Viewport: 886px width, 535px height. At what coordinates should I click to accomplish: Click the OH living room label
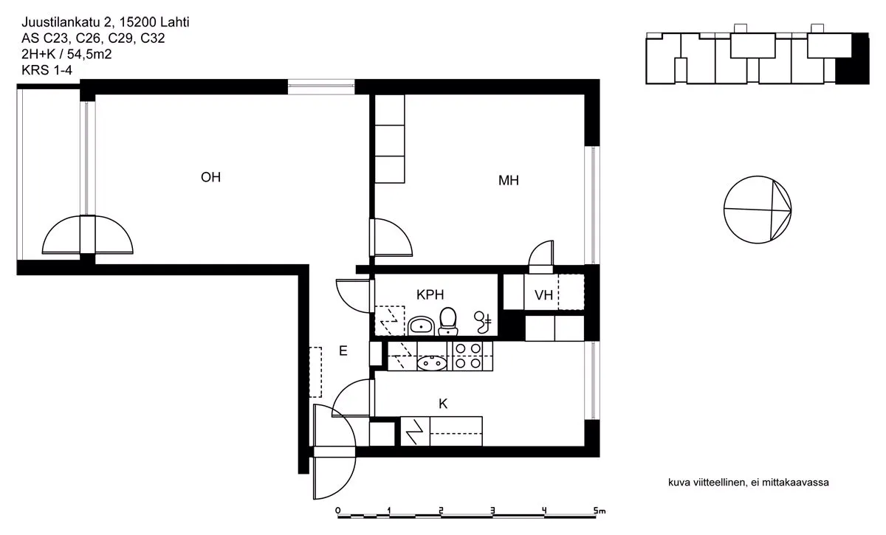[x=210, y=177]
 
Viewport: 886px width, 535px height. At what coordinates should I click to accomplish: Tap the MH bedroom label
[x=508, y=180]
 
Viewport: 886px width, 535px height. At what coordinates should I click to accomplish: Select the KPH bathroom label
[x=430, y=294]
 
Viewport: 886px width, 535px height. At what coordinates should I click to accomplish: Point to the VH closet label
[x=543, y=295]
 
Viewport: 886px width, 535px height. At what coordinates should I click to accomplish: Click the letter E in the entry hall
[x=343, y=351]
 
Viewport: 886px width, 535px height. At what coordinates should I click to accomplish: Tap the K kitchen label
[x=443, y=404]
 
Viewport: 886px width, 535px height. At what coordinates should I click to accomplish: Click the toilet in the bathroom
[x=448, y=321]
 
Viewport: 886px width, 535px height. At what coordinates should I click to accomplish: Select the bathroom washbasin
[x=421, y=326]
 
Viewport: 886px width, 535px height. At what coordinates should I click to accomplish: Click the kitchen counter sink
[x=432, y=362]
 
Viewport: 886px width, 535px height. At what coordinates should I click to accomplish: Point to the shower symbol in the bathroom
[x=483, y=322]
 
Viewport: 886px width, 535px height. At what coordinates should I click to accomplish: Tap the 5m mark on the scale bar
[x=600, y=511]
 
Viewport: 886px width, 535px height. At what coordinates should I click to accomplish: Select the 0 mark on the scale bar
[x=338, y=511]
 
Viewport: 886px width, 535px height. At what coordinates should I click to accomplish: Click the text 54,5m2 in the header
[x=89, y=54]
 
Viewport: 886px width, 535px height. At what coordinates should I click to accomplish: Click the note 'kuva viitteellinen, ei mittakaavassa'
[x=749, y=483]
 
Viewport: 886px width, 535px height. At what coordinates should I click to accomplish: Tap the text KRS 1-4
[x=47, y=70]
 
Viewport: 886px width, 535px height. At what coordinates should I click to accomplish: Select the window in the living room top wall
[x=320, y=86]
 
